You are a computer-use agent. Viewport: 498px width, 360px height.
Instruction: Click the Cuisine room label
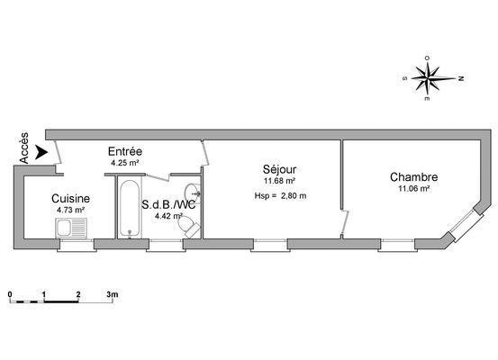click(x=70, y=198)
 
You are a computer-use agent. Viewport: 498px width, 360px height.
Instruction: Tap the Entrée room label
click(x=125, y=151)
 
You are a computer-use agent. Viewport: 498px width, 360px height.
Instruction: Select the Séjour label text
click(x=279, y=169)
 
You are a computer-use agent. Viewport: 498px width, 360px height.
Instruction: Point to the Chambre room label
click(x=414, y=176)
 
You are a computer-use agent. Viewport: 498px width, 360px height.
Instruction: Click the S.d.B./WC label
click(x=168, y=205)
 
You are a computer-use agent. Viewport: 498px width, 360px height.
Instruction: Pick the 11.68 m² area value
click(x=279, y=181)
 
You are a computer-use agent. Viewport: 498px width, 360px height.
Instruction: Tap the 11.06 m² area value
click(x=414, y=189)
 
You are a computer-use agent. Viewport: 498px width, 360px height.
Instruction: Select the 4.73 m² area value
click(x=70, y=210)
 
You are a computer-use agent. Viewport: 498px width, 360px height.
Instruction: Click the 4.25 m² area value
click(x=125, y=163)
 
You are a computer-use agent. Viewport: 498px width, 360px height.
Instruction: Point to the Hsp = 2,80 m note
click(x=280, y=196)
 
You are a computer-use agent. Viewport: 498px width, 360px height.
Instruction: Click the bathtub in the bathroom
click(x=130, y=209)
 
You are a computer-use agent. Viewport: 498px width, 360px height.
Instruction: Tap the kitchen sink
click(x=71, y=228)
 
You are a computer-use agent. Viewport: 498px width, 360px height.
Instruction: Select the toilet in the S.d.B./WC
click(x=188, y=226)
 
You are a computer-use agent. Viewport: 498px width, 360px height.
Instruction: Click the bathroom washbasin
click(x=193, y=193)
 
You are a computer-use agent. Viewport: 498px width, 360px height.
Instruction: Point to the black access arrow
click(x=41, y=152)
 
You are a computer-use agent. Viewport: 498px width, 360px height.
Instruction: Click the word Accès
click(x=23, y=148)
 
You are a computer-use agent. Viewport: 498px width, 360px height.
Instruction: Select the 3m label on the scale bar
click(x=112, y=294)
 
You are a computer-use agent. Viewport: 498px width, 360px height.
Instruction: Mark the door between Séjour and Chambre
click(x=345, y=222)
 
